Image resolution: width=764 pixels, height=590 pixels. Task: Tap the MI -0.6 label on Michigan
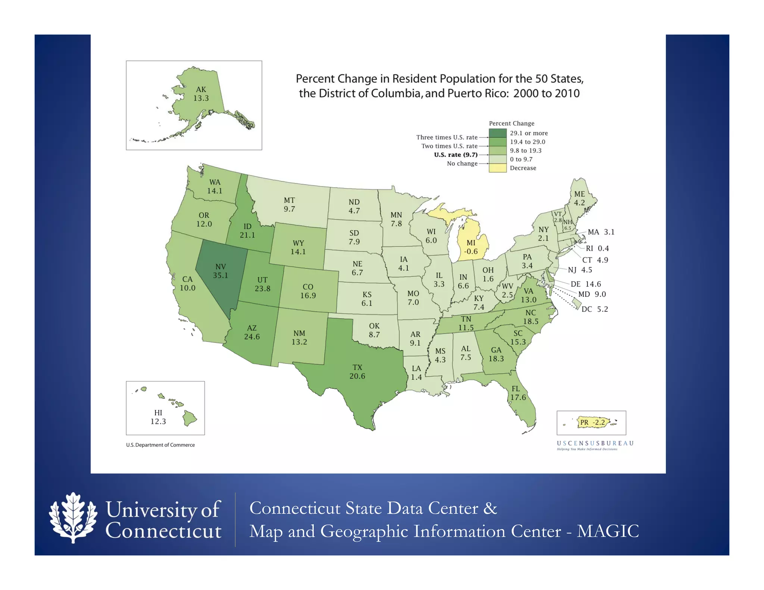coord(471,247)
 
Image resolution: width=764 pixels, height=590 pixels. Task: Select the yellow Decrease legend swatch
coord(498,168)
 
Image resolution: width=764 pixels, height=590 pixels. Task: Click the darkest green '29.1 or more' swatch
coord(498,133)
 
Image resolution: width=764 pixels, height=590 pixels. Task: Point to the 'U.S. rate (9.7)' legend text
coord(455,155)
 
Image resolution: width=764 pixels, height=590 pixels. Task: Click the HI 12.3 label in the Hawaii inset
coord(158,417)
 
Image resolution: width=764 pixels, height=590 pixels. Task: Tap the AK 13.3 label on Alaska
coord(201,94)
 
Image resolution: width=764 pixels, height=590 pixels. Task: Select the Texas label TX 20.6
coord(357,372)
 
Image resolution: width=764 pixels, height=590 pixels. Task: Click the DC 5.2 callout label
coord(595,309)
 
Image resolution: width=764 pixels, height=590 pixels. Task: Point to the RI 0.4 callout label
coord(597,248)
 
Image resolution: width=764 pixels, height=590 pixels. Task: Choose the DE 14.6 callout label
coord(586,284)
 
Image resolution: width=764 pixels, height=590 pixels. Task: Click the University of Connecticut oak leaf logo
coord(73,518)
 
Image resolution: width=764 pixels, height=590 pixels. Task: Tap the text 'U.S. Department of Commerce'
coord(160,445)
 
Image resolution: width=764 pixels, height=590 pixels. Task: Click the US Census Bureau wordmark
coord(595,443)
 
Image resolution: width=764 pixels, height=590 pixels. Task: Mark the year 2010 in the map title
coord(565,93)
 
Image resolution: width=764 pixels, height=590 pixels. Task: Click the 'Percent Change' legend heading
coord(511,123)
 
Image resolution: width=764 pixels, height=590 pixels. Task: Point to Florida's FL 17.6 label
coord(518,393)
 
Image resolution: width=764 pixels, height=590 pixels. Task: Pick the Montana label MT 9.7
coord(289,205)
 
